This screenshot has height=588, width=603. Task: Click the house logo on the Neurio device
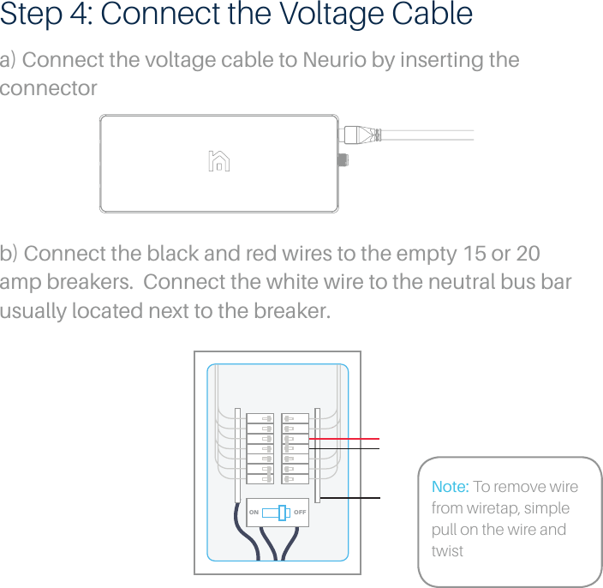click(x=219, y=161)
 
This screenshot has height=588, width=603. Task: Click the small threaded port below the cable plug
click(x=344, y=159)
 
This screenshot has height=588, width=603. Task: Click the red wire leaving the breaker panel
click(x=351, y=438)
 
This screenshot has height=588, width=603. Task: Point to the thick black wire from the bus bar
click(x=351, y=498)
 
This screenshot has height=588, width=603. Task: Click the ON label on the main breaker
click(x=254, y=513)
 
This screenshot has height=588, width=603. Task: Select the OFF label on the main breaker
click(x=300, y=513)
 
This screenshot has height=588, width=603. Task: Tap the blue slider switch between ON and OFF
click(x=283, y=513)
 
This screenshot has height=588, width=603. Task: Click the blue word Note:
click(x=450, y=487)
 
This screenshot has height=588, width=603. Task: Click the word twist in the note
click(x=447, y=551)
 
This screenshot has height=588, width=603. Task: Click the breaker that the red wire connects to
click(x=295, y=439)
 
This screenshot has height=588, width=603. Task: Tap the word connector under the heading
click(x=48, y=89)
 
